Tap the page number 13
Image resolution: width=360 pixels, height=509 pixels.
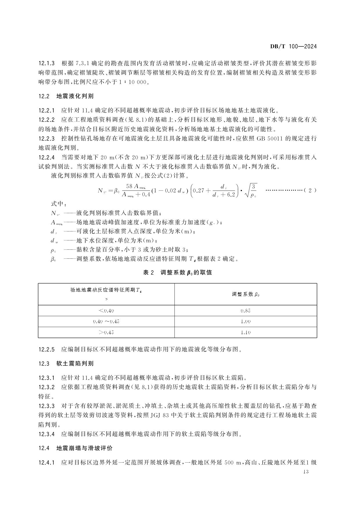click(305, 472)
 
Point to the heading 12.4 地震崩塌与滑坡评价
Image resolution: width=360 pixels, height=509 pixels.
click(75, 448)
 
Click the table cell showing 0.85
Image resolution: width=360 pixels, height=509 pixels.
click(245, 311)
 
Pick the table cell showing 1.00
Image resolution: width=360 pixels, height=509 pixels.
click(245, 321)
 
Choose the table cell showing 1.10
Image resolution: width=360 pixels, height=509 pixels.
click(245, 332)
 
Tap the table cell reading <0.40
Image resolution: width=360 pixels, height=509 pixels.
click(106, 311)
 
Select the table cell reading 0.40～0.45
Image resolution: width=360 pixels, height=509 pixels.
click(106, 321)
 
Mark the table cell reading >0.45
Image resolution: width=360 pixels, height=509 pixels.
click(106, 332)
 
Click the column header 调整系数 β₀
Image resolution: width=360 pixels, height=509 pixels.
click(245, 294)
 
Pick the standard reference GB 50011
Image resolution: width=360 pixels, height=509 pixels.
click(270, 139)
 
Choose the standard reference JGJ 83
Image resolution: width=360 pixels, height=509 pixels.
click(160, 415)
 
